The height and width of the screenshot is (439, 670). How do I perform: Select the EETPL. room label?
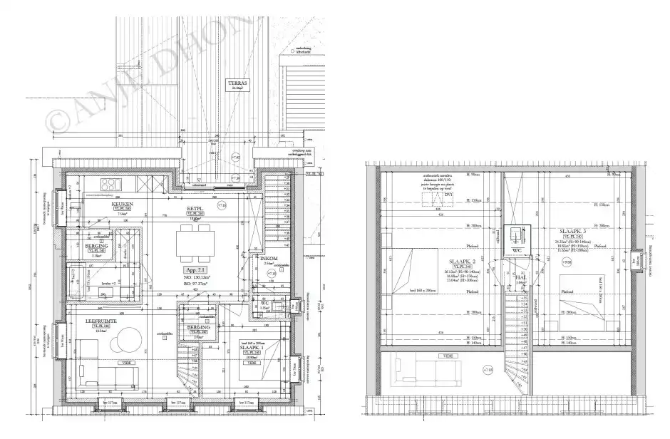[x=195, y=209]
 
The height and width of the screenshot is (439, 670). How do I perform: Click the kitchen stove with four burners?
[x=112, y=184]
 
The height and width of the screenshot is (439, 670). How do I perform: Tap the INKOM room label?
[x=270, y=259]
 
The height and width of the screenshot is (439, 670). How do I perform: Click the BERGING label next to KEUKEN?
[x=97, y=245]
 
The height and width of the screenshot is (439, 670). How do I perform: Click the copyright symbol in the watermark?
[x=53, y=120]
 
